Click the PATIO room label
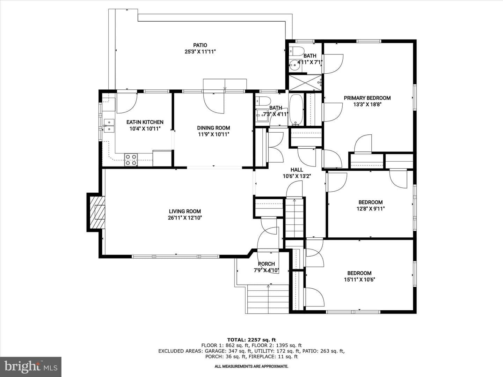click(x=200, y=45)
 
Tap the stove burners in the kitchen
click(x=131, y=160)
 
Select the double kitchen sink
click(x=109, y=126)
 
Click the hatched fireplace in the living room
click(x=97, y=212)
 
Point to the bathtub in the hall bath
click(x=296, y=110)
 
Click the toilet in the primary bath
click(x=296, y=51)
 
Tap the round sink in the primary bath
click(x=294, y=66)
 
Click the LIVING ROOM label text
click(x=185, y=211)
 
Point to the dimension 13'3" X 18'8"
click(x=367, y=104)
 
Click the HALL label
click(x=297, y=170)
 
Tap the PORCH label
click(x=266, y=264)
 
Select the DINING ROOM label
click(x=213, y=128)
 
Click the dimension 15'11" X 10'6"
click(x=359, y=280)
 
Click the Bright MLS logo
click(x=31, y=367)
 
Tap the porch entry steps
click(x=267, y=299)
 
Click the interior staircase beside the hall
click(x=294, y=217)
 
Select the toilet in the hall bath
click(x=263, y=101)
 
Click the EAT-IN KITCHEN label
click(x=145, y=122)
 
